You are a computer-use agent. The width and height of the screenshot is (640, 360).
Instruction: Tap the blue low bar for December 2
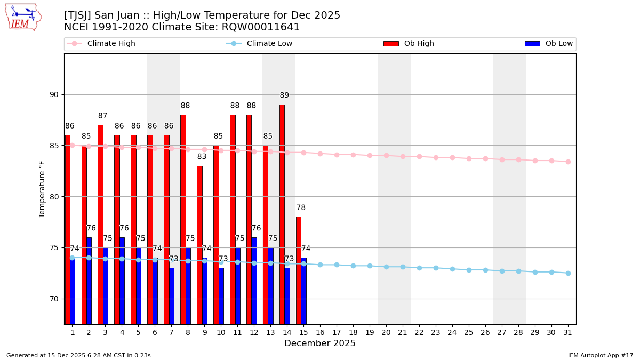click(89, 280)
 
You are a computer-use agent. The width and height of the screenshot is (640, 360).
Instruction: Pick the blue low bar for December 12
click(254, 280)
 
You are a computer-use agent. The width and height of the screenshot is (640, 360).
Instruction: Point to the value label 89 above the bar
click(284, 95)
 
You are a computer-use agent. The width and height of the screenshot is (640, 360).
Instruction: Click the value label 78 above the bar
click(301, 208)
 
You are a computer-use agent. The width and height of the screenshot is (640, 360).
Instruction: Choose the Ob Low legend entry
click(549, 44)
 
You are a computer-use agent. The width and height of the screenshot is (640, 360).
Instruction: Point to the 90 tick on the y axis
click(54, 95)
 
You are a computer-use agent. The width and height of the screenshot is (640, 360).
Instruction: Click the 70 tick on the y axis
click(54, 299)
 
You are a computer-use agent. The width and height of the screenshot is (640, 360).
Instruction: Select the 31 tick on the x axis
click(568, 332)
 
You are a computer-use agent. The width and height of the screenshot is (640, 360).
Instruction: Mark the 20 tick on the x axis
click(386, 332)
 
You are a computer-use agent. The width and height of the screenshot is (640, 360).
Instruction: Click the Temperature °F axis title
click(42, 189)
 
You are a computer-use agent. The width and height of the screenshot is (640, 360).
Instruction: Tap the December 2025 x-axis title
click(320, 343)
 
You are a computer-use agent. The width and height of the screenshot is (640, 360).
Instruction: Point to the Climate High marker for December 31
click(568, 162)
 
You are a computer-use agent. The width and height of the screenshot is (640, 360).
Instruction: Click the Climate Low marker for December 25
click(469, 270)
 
